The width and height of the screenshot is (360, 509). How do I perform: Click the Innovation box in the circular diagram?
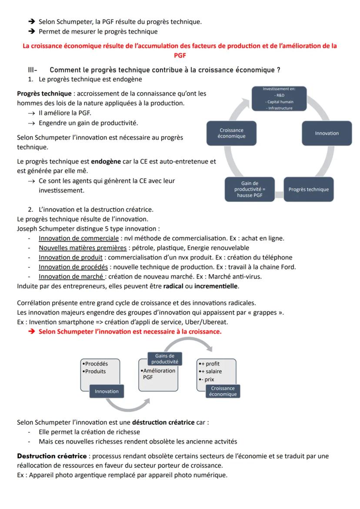point(327,133)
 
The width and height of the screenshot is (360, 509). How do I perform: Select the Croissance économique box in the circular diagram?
point(232,133)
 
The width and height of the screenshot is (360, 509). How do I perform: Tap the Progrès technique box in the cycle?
point(308,190)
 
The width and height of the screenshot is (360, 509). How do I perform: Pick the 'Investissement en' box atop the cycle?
point(279,98)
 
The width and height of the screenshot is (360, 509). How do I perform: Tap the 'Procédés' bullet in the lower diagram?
point(96,364)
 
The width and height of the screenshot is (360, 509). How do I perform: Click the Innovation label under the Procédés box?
point(107,391)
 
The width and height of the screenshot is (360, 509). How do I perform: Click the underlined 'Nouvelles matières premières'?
point(76,248)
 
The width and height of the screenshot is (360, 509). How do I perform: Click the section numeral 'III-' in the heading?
point(33,70)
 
